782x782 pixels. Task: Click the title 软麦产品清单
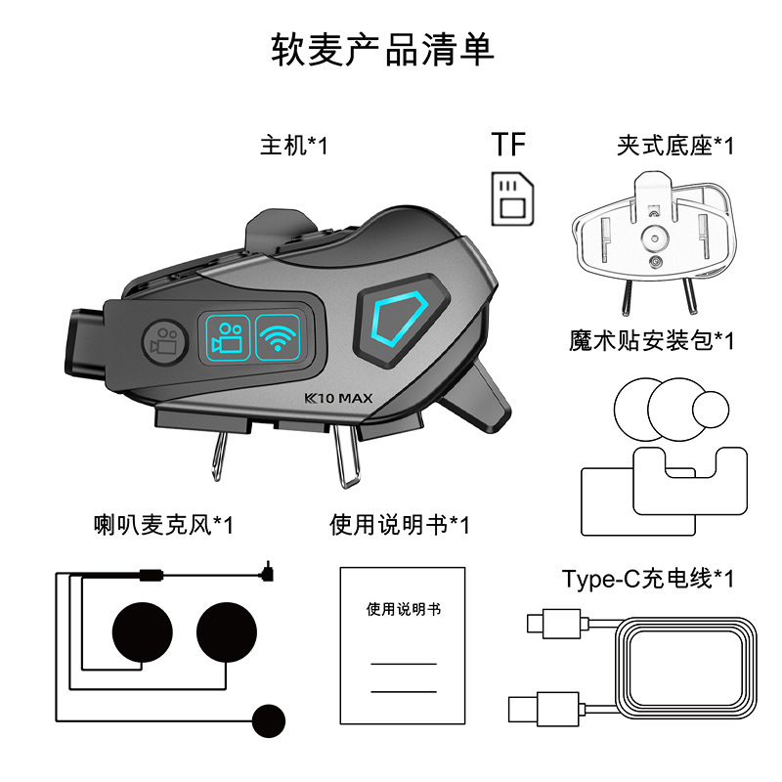[382, 50]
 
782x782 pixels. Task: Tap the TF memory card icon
[512, 199]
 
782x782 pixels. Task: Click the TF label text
[508, 144]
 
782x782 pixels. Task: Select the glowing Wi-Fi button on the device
[278, 337]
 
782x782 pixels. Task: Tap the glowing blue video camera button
[228, 337]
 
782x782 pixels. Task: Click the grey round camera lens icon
[164, 341]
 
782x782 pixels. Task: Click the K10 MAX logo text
[338, 398]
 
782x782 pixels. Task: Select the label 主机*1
[294, 146]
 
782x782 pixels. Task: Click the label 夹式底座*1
[675, 146]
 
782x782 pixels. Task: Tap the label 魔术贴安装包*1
[651, 340]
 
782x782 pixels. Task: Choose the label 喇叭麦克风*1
[163, 525]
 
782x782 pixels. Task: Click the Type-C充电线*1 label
[648, 579]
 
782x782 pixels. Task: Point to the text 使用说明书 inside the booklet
[404, 609]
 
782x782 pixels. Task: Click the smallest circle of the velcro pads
[711, 410]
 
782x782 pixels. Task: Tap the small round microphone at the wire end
[269, 720]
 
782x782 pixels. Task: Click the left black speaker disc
[143, 632]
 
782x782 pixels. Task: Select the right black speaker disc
[227, 632]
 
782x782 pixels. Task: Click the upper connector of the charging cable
[554, 624]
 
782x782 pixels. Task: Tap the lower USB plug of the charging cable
[543, 709]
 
